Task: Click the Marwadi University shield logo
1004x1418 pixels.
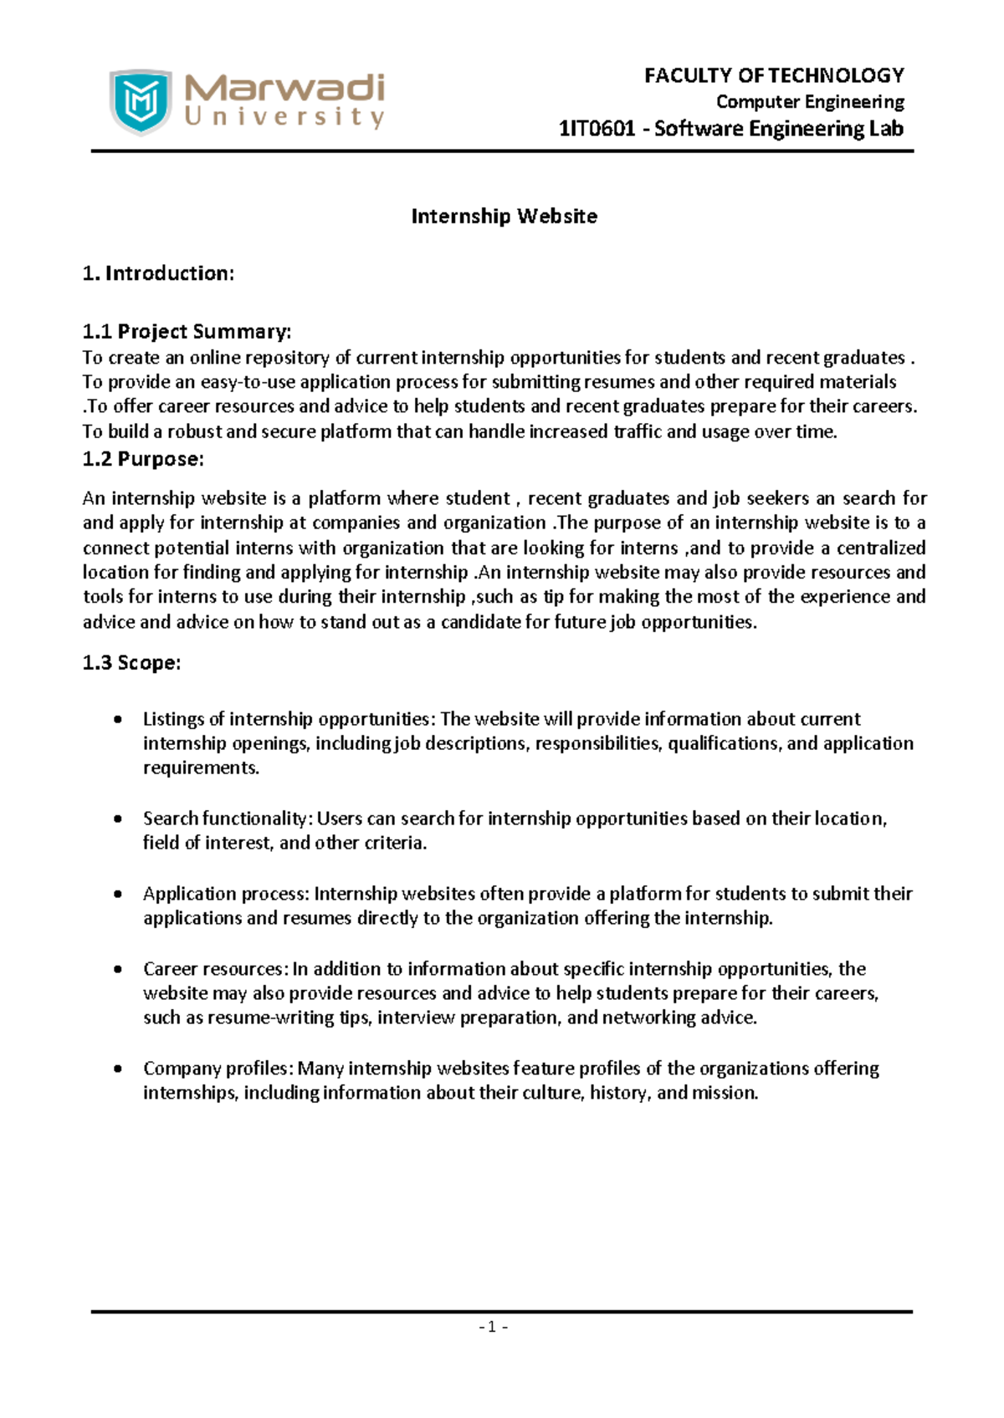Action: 141,102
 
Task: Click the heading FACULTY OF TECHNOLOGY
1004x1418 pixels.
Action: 774,75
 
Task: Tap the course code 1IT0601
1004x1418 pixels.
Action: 597,129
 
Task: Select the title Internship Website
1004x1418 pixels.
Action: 504,217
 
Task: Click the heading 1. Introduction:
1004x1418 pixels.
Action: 158,273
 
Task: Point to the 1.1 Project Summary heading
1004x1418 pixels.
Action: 187,332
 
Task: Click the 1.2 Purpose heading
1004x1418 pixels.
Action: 143,459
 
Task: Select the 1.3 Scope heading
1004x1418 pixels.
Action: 131,663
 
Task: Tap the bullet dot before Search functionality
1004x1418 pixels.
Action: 118,819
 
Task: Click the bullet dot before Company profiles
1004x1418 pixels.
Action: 118,1069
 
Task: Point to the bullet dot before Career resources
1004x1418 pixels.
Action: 118,970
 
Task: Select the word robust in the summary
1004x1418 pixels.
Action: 195,432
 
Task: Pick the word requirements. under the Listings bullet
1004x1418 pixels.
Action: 201,768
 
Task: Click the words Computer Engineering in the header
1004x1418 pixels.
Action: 810,102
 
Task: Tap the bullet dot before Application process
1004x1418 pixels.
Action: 118,895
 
